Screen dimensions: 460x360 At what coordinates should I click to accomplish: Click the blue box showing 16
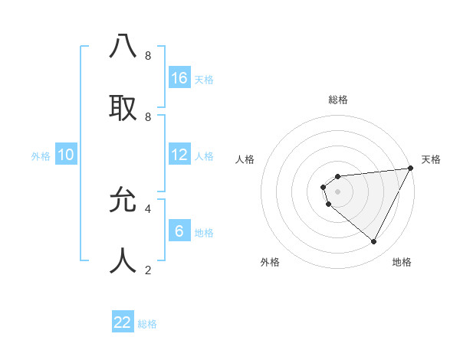(x=179, y=78)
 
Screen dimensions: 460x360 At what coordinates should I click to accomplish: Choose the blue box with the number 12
(x=179, y=155)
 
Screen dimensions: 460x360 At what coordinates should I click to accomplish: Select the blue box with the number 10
(x=66, y=155)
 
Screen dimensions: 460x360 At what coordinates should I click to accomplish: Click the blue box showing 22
(x=123, y=322)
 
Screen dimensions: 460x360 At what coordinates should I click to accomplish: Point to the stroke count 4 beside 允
(x=148, y=208)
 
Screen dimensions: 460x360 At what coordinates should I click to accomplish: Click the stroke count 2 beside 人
(x=148, y=270)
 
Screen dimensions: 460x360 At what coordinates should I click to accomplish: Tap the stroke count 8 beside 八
(x=148, y=56)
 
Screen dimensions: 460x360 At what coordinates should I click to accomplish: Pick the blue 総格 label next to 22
(x=147, y=324)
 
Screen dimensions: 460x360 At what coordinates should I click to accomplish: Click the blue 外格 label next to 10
(x=41, y=156)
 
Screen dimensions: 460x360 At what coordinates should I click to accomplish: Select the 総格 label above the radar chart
(x=337, y=100)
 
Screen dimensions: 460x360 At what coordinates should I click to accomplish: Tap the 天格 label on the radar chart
(x=431, y=159)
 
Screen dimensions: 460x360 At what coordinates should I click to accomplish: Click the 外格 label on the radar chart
(x=270, y=262)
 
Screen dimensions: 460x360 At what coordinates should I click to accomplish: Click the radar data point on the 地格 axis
(x=374, y=242)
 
